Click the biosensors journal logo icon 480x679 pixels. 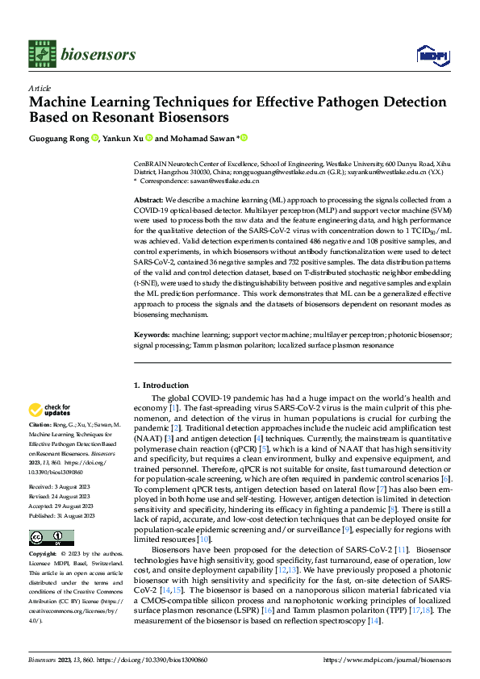tap(41, 53)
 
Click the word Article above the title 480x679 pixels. tap(40, 88)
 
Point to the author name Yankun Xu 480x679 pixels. tap(127, 138)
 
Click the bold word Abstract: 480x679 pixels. tap(148, 199)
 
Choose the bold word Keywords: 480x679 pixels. tap(152, 333)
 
